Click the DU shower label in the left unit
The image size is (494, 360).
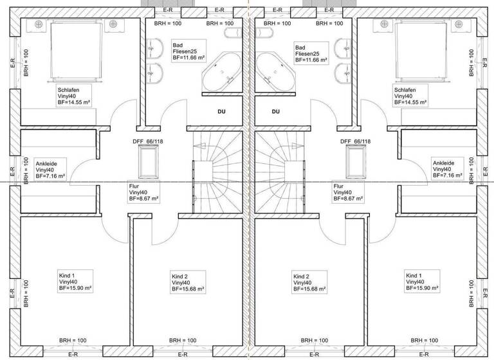(x=221, y=111)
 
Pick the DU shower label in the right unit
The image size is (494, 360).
(x=275, y=111)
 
